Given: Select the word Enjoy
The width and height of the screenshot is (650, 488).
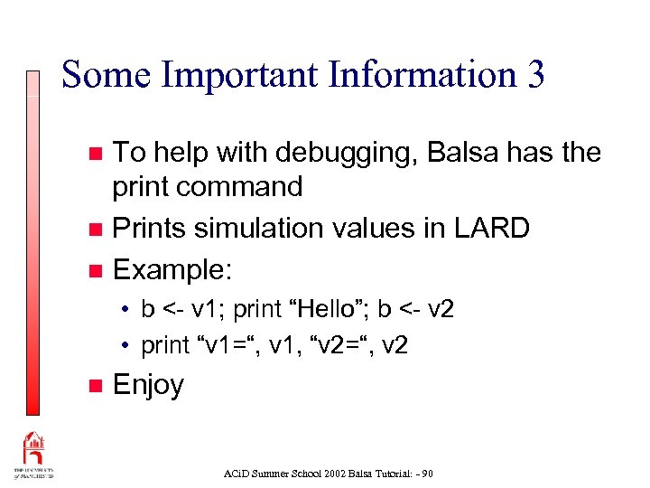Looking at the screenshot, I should click(x=148, y=386).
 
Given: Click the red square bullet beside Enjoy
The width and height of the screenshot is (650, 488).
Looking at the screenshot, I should click(x=97, y=386).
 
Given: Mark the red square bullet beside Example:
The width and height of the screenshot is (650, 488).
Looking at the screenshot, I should click(x=97, y=270).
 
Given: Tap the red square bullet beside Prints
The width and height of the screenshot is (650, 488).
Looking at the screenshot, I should click(x=97, y=230).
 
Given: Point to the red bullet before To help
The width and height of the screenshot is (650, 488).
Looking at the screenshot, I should click(x=97, y=154).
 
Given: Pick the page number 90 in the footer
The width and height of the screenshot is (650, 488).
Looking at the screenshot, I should click(x=426, y=473).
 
